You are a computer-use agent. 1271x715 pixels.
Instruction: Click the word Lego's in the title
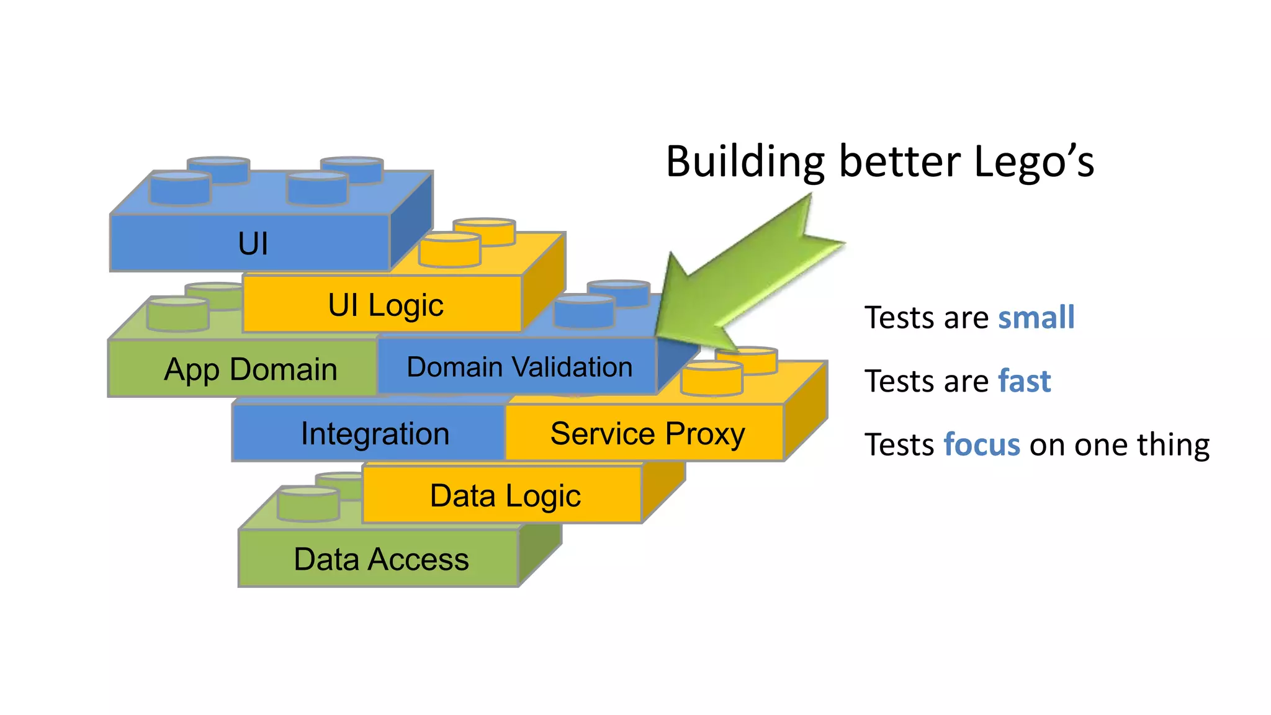pos(1033,162)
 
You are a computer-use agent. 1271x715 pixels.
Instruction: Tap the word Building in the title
pos(745,162)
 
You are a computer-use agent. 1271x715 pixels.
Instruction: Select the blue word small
pos(1036,318)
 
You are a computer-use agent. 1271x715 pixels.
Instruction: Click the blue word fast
pos(1024,381)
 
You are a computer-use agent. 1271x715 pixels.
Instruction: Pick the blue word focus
pos(982,445)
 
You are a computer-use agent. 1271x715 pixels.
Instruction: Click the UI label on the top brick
pos(253,243)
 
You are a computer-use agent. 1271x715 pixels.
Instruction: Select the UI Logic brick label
pos(385,305)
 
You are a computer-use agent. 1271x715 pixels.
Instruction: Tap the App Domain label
pos(250,369)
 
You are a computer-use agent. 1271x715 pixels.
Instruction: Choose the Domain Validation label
pos(519,367)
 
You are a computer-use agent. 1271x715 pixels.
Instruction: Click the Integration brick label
pos(375,433)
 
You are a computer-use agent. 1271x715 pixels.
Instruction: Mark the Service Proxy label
pos(647,433)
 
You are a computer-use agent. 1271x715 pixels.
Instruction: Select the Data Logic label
pos(505,496)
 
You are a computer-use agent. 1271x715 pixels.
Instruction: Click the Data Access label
pos(381,559)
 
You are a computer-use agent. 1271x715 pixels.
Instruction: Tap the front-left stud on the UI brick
pos(180,189)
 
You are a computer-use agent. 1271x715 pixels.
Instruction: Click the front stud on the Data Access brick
pos(308,504)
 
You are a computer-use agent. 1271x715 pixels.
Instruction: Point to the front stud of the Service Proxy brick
pos(711,379)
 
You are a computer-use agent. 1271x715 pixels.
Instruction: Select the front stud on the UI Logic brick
pos(450,250)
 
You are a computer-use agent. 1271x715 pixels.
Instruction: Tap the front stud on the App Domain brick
pos(177,315)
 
